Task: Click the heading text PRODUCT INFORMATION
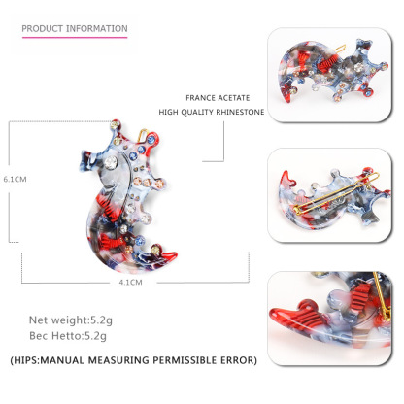click(x=75, y=28)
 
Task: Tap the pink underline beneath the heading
click(x=75, y=37)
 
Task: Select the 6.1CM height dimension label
click(x=15, y=179)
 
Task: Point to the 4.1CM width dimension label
click(x=130, y=283)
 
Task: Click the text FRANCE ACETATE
click(x=218, y=98)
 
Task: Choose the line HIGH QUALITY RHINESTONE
click(x=212, y=112)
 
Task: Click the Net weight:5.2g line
click(x=71, y=320)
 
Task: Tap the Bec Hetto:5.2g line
click(x=68, y=336)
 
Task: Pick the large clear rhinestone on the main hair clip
click(x=111, y=162)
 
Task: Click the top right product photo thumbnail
click(x=329, y=75)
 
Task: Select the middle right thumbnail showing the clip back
click(x=329, y=195)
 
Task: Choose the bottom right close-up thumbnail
click(x=329, y=319)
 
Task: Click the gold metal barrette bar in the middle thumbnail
click(x=337, y=193)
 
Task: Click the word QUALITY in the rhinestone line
click(x=197, y=112)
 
